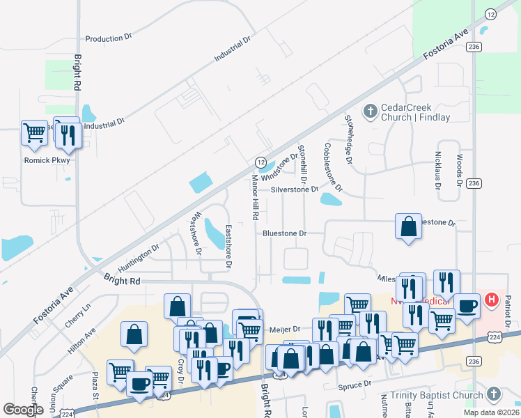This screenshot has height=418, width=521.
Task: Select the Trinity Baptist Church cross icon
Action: [x=492, y=395]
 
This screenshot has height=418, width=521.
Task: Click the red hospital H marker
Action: [x=491, y=300]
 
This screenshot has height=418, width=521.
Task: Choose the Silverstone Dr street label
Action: [x=294, y=189]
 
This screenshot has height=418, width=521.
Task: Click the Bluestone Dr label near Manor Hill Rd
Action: [x=284, y=233]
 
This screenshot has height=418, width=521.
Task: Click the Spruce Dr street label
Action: [x=356, y=384]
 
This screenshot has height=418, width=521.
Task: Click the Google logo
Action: [x=23, y=409]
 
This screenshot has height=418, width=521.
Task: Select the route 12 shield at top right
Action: [x=490, y=14]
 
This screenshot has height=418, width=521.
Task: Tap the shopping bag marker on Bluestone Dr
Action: [x=408, y=226]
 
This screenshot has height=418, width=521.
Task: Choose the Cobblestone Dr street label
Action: [x=334, y=167]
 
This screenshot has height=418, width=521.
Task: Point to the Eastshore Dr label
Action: [x=228, y=247]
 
